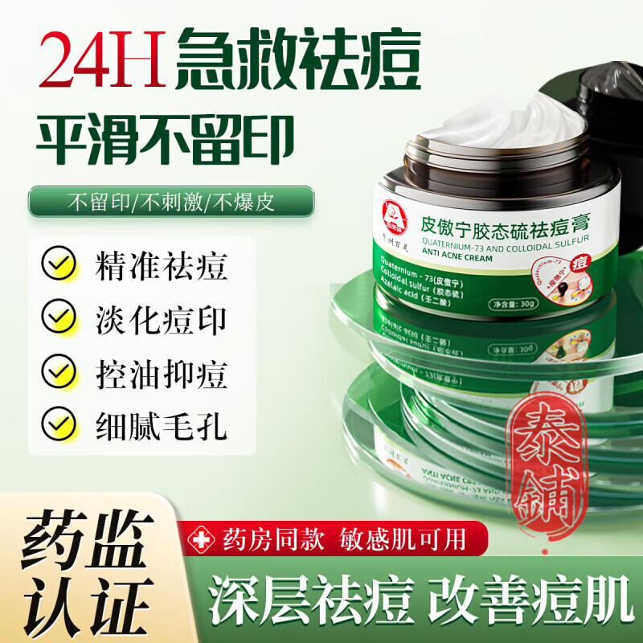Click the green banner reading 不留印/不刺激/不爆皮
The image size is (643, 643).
[x=171, y=201]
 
